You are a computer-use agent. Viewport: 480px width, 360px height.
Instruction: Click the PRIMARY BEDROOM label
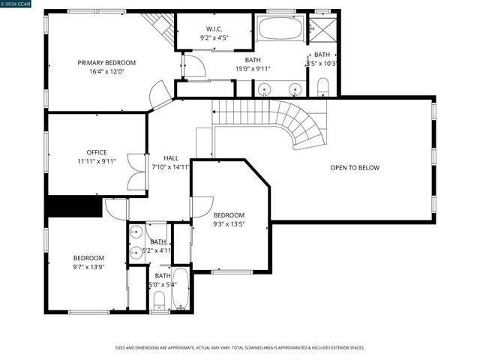click(106, 62)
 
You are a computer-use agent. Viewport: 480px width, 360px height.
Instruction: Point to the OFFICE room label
click(97, 152)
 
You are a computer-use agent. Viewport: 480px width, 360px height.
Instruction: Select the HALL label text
click(171, 158)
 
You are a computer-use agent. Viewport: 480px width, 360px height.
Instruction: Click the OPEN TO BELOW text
click(355, 167)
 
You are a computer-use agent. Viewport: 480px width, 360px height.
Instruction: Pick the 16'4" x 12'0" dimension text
click(106, 72)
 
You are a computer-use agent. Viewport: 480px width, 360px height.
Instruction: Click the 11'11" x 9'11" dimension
click(97, 161)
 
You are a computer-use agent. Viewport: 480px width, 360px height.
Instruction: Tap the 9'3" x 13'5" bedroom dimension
click(229, 223)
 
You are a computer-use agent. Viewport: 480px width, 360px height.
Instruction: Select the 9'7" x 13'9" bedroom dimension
click(88, 266)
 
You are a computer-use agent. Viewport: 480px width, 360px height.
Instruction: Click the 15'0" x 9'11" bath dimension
click(253, 68)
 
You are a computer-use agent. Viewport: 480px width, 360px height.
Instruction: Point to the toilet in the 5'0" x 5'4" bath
click(159, 301)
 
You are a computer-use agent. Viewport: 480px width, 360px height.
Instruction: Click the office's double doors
click(136, 171)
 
